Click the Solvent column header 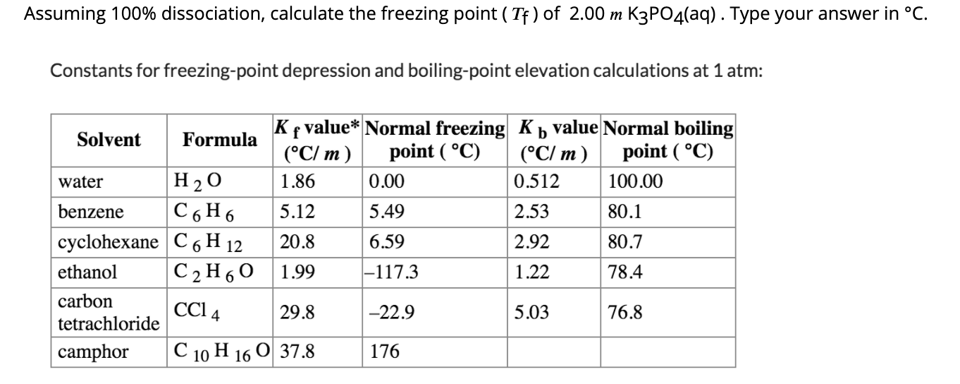click(109, 140)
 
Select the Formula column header click(220, 140)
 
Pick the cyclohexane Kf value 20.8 click(297, 242)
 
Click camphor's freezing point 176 click(384, 351)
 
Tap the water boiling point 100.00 click(634, 182)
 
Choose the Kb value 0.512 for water click(536, 182)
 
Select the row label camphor click(93, 351)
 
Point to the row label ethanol click(87, 272)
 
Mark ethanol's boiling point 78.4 click(624, 272)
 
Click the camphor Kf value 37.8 click(297, 351)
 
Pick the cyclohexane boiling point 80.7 click(624, 242)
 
